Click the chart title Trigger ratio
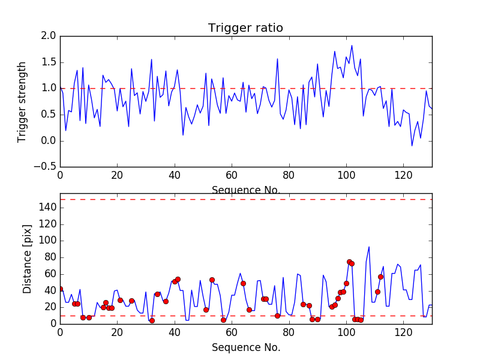[245, 28]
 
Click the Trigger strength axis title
[22, 101]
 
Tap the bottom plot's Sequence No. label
[245, 347]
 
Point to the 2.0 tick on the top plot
[49, 36]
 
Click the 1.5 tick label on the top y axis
[49, 62]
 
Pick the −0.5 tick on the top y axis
[46, 167]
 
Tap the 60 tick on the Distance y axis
[50, 274]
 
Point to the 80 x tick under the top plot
[289, 176]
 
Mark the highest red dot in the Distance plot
[349, 262]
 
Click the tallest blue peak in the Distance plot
[369, 247]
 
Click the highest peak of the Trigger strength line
[352, 46]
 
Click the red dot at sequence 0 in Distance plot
[60, 289]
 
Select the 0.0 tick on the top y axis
[49, 141]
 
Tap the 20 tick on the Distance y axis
[50, 307]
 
